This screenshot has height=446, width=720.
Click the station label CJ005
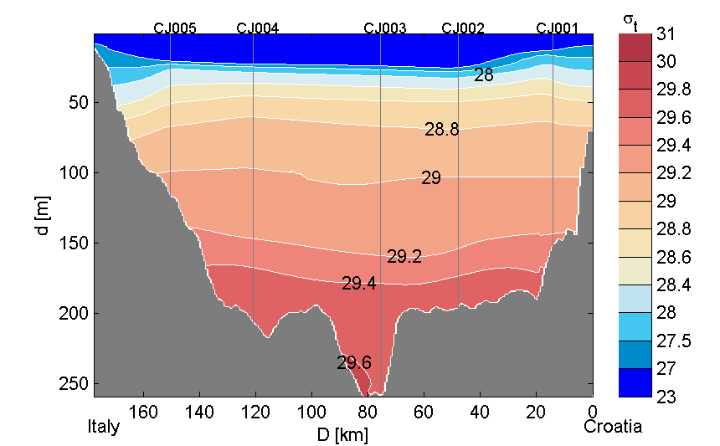click(175, 28)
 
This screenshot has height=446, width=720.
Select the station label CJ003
click(385, 28)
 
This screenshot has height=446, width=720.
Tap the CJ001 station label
click(558, 28)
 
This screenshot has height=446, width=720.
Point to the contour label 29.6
click(354, 363)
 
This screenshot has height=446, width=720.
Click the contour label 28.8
click(442, 130)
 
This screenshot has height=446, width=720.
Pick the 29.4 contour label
click(358, 284)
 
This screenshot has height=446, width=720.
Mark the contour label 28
click(483, 75)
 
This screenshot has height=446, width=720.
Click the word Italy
click(104, 427)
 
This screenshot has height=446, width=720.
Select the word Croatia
click(614, 427)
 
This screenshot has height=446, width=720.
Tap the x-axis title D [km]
click(343, 435)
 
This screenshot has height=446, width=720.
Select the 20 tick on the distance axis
click(537, 412)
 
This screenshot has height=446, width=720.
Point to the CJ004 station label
click(258, 28)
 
